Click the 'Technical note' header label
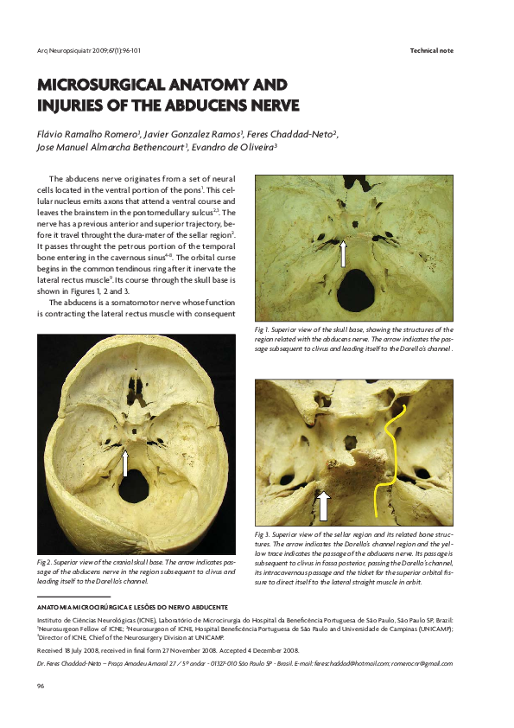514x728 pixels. (431, 51)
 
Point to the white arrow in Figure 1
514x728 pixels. (344, 252)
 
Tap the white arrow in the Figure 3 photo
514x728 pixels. (324, 504)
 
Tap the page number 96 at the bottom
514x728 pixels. (41, 686)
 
